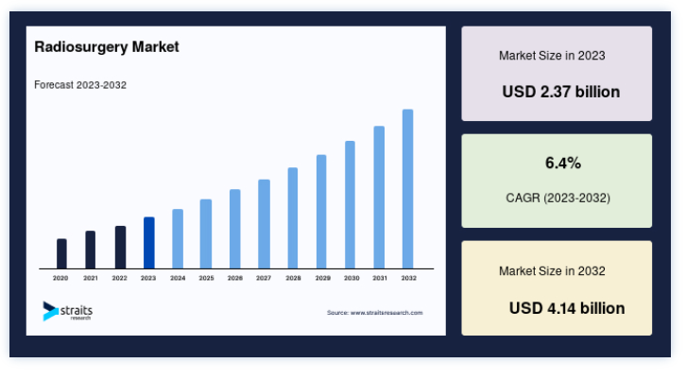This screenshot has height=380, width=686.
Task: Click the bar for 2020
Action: [x=61, y=253]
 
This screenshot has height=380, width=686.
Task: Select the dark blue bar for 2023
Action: [x=148, y=243]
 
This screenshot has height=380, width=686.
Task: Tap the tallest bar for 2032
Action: [x=408, y=189]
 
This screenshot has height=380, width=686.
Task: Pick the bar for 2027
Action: [x=264, y=224]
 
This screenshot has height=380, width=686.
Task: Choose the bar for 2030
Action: [x=350, y=204]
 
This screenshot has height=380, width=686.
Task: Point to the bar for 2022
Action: [x=120, y=248]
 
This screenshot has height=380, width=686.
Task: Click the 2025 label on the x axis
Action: [x=207, y=278]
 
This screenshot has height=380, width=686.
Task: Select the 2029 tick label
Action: [x=323, y=278]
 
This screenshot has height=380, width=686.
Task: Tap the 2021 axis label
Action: [x=91, y=278]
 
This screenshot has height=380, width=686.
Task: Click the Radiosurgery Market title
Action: [x=107, y=47]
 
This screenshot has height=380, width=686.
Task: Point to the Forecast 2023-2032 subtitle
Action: [x=80, y=85]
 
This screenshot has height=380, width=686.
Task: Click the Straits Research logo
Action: [x=67, y=311]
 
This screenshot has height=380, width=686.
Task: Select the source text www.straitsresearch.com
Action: [x=386, y=313]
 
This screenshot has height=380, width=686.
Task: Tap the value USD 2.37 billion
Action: [x=561, y=92]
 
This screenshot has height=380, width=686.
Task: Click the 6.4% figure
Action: [x=563, y=163]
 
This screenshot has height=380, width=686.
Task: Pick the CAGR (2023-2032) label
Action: [x=557, y=198]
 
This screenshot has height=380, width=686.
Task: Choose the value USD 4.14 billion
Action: [x=567, y=308]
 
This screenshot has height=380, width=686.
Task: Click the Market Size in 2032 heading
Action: [x=552, y=271]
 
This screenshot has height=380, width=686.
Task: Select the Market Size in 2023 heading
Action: [x=552, y=56]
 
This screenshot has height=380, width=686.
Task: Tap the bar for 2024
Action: [x=178, y=238]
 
